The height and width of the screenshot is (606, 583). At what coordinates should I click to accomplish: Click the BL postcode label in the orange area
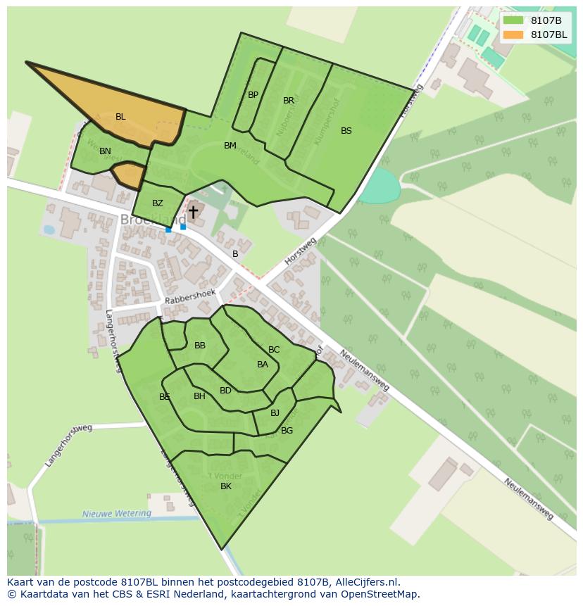pos(120,117)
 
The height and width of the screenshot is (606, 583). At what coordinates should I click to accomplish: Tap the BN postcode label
pos(105,151)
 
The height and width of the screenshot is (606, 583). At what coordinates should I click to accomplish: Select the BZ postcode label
pos(157,203)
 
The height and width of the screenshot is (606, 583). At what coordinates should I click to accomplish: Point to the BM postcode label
pos(230,146)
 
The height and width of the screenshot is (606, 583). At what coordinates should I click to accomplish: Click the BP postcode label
pos(253,95)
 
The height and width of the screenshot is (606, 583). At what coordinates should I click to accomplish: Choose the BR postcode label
pos(289,101)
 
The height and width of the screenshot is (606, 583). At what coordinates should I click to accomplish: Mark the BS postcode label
pos(346,131)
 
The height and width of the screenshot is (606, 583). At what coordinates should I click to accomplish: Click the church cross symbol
pos(193,212)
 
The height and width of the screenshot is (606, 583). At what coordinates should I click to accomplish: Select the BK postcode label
pos(226,486)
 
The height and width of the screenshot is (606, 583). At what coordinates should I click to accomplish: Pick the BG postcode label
pos(287,431)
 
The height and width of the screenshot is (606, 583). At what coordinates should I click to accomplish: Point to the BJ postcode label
pos(275,413)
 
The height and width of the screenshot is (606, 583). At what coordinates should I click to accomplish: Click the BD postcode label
pos(225,391)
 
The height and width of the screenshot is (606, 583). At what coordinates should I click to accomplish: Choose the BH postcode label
pos(199,396)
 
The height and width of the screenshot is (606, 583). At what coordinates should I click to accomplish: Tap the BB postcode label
pos(200,346)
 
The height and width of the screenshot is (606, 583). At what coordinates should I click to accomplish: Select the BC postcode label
pos(274,350)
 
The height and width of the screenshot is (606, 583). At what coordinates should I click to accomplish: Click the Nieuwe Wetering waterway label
pos(117,514)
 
